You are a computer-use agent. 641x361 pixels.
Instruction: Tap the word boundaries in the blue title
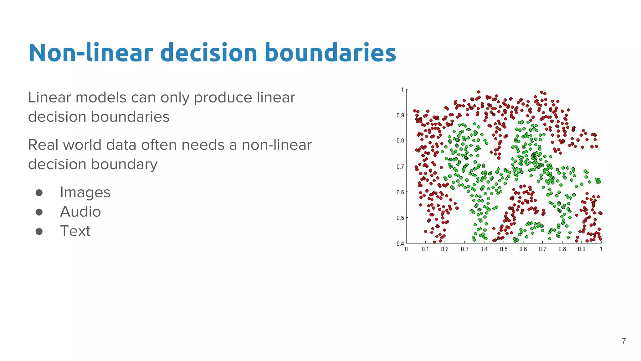330,53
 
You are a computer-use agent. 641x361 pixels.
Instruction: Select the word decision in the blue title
208,53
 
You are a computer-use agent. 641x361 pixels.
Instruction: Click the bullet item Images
85,192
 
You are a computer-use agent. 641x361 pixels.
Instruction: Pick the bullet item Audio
80,212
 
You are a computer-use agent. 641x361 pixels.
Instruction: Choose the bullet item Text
75,231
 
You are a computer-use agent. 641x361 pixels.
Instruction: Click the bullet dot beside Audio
39,212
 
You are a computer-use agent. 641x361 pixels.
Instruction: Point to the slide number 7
623,341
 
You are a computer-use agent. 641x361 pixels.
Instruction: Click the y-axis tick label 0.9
400,115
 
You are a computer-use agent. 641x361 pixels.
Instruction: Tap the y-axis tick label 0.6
400,192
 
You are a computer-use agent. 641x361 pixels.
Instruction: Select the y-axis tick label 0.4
400,243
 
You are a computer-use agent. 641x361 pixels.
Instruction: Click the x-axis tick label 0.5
504,249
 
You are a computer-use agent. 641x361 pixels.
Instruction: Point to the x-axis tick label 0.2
445,249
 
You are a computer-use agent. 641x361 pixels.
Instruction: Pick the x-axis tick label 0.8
562,249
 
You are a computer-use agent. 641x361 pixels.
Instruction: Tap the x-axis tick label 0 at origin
406,249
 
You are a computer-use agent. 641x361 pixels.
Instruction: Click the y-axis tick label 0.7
400,167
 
